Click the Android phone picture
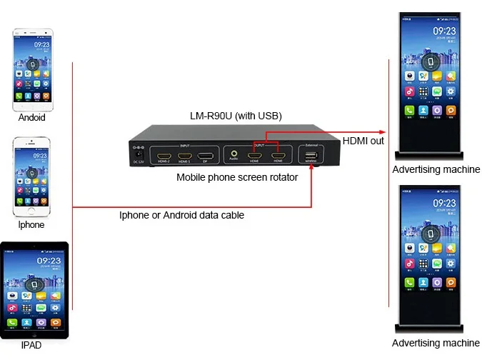click(31, 68)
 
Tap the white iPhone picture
click(31, 174)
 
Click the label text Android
click(31, 118)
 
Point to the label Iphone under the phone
click(31, 225)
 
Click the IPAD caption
click(31, 346)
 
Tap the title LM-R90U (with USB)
click(232, 116)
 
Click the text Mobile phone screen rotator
click(237, 177)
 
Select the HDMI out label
click(363, 141)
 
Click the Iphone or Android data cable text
click(181, 215)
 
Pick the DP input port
click(206, 155)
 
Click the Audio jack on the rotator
click(234, 152)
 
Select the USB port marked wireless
click(309, 155)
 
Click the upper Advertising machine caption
click(436, 170)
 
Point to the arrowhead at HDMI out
click(385, 132)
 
